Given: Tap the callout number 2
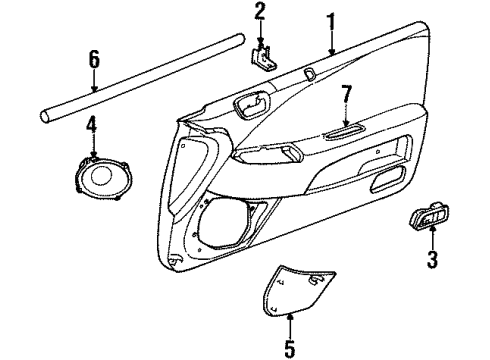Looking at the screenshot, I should [x=260, y=12].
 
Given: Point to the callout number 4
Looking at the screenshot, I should [x=91, y=125].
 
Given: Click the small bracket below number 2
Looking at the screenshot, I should [x=263, y=55].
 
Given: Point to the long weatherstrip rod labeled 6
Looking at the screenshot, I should [x=140, y=72].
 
